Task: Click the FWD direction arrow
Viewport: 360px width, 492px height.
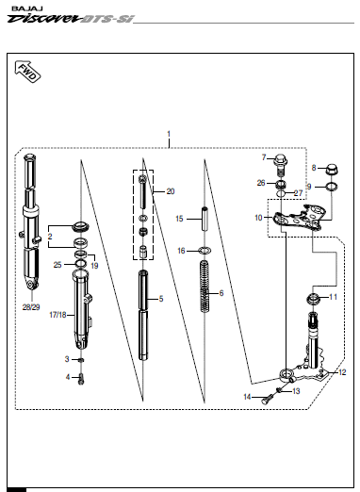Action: [27, 72]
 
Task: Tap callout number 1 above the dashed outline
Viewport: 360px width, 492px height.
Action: [169, 134]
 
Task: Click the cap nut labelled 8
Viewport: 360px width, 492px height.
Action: [331, 170]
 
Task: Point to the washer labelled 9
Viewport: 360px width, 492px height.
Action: [332, 187]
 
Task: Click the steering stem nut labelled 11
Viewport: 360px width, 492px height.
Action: [313, 298]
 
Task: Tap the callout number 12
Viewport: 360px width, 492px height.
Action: [342, 372]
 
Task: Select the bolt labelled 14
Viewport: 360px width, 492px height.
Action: [267, 400]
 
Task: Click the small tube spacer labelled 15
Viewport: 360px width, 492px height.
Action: [205, 220]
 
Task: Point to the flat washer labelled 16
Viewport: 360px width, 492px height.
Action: [205, 251]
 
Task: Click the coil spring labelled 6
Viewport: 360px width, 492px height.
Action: [205, 287]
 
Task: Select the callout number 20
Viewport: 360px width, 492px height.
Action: [171, 191]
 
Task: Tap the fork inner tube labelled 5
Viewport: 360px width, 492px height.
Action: [143, 315]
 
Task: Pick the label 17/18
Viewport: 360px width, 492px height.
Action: [57, 315]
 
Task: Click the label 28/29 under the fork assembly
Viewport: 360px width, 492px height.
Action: [31, 307]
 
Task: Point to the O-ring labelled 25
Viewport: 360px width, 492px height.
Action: [81, 263]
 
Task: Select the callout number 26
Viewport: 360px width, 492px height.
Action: [261, 183]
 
